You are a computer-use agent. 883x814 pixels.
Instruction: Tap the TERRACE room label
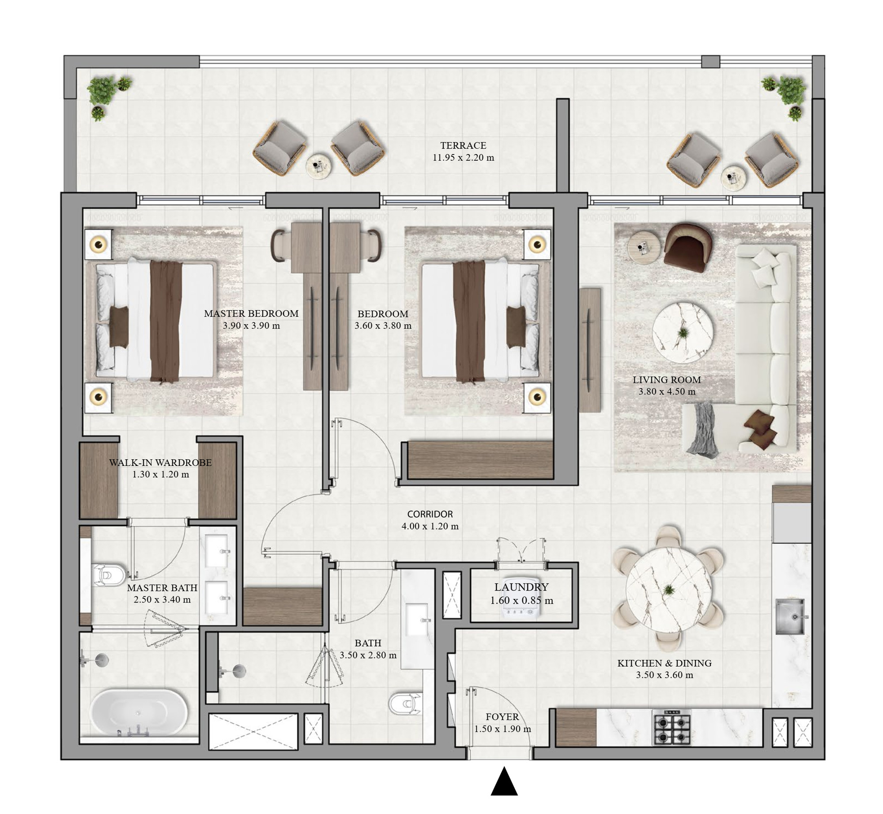tap(463, 145)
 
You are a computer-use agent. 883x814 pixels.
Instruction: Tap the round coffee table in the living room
tap(682, 333)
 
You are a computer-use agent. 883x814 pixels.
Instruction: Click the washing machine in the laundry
tap(521, 610)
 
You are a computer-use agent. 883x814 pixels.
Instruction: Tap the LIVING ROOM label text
tap(667, 379)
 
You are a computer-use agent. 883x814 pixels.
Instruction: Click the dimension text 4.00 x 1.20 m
tap(430, 526)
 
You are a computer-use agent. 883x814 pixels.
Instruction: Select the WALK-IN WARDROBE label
tap(160, 462)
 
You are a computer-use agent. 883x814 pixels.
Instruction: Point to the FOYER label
tap(502, 717)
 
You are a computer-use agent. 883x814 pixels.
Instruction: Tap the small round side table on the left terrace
tap(318, 166)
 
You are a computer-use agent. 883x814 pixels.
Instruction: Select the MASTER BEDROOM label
tap(251, 314)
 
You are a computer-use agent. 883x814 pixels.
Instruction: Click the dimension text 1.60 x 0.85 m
tap(521, 600)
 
